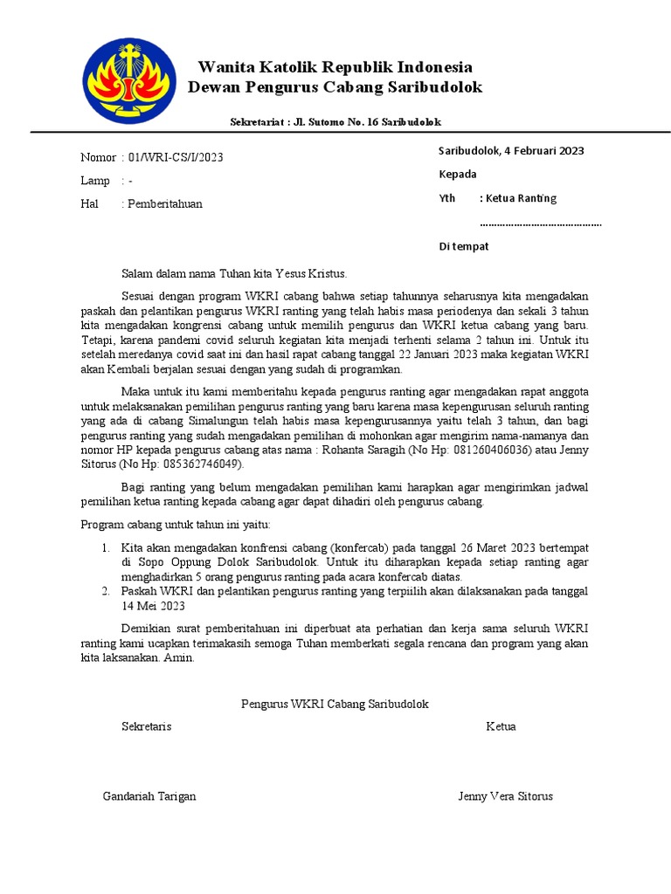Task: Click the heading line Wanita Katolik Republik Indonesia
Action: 335,67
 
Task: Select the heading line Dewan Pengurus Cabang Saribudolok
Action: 335,87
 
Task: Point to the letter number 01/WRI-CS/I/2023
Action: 176,157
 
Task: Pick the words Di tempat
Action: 463,246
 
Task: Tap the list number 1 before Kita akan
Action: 104,547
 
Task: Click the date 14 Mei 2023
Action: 155,607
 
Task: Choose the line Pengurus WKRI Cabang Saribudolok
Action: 335,703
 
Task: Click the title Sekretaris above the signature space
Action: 146,726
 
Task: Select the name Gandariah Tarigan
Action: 149,796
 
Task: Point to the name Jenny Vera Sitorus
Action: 505,796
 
